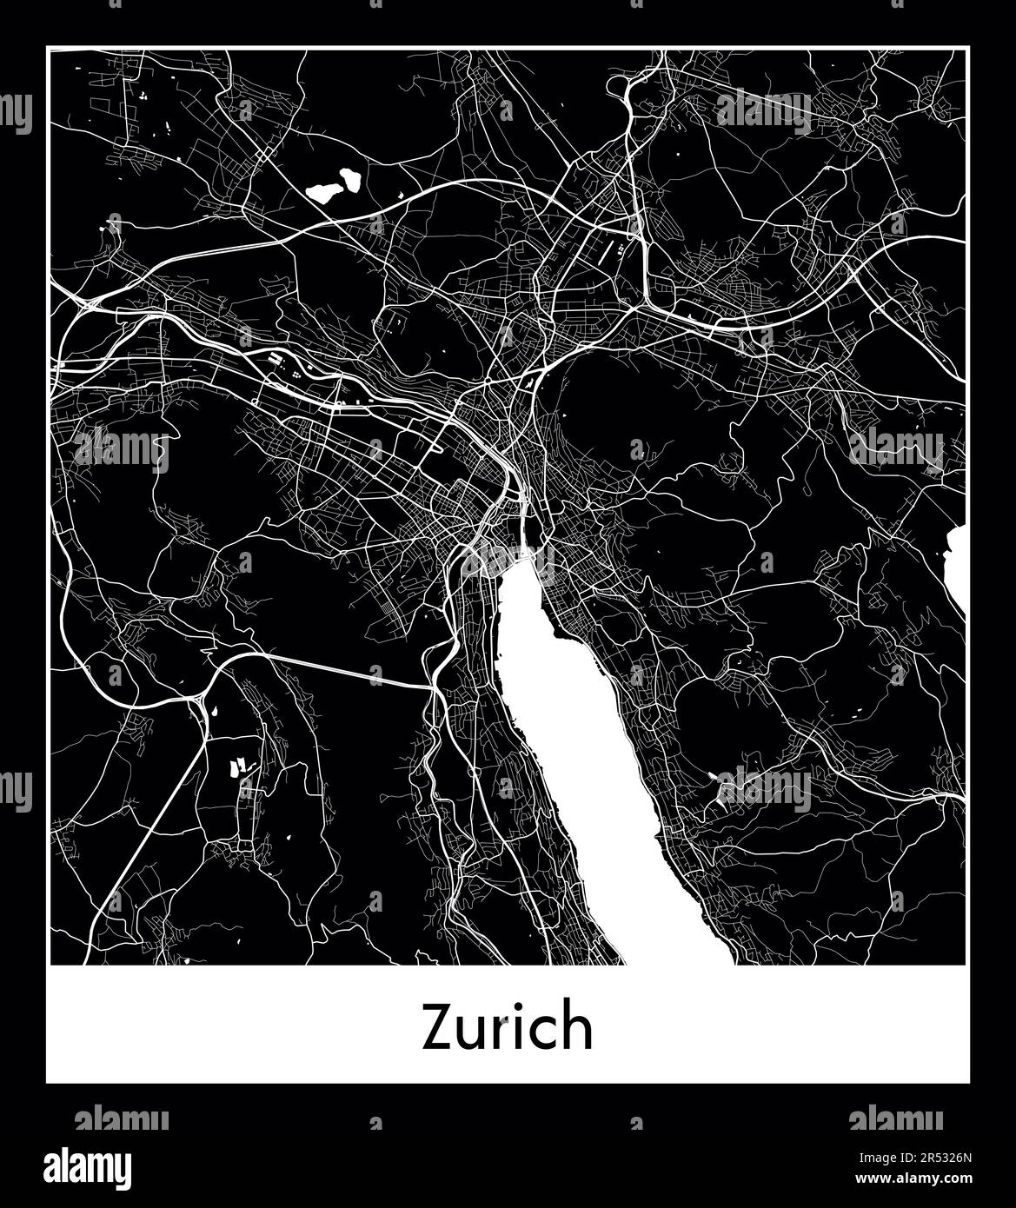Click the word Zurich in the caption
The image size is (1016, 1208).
point(508,1027)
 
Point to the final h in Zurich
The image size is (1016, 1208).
point(578,1025)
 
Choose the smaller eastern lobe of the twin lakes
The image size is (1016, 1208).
point(352,179)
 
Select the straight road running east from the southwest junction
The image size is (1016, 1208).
point(348,669)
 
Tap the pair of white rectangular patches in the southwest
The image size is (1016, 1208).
point(237,767)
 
